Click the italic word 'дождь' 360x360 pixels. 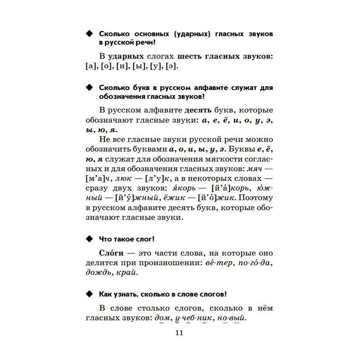[97, 273]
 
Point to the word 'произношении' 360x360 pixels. [160, 262]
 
